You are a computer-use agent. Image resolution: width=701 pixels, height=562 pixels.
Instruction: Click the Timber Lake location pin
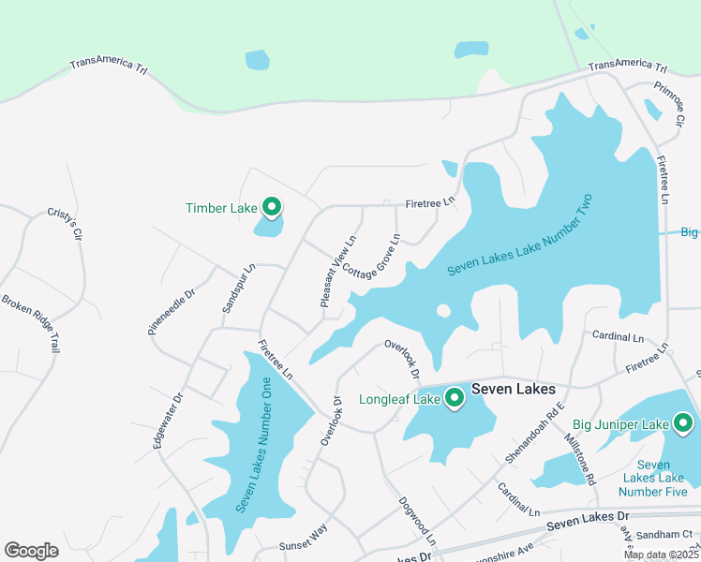tap(272, 206)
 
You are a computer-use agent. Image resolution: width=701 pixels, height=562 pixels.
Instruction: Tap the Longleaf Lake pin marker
tap(455, 398)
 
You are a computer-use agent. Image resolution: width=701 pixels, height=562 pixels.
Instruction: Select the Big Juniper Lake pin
tap(683, 423)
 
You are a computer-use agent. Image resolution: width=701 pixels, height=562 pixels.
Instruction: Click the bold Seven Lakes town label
tap(514, 389)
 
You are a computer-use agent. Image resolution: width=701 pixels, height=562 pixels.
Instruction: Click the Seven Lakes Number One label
tap(253, 444)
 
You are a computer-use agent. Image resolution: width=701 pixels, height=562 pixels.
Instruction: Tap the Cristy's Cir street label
tap(66, 224)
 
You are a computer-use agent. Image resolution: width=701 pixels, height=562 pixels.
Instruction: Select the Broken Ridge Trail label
tap(30, 323)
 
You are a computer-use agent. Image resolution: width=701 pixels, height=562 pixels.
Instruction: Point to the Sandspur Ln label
tap(238, 288)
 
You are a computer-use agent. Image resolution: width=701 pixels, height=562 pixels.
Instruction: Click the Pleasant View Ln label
tap(338, 272)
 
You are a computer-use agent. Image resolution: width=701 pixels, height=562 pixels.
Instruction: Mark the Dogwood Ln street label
tap(417, 522)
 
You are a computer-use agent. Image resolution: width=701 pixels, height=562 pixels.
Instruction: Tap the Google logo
tap(32, 551)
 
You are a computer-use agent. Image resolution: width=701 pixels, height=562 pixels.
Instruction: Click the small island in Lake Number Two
tap(443, 311)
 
